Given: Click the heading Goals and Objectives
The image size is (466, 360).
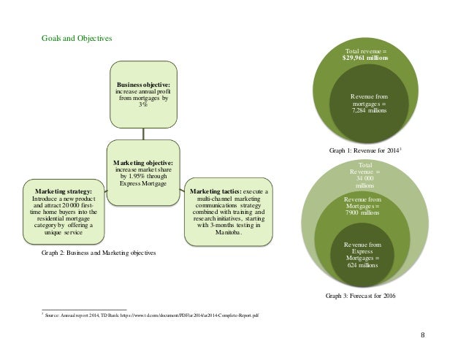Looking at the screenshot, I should (77, 38).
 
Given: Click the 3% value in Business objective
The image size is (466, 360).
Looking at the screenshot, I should (143, 104).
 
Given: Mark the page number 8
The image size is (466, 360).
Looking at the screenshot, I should (423, 334).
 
